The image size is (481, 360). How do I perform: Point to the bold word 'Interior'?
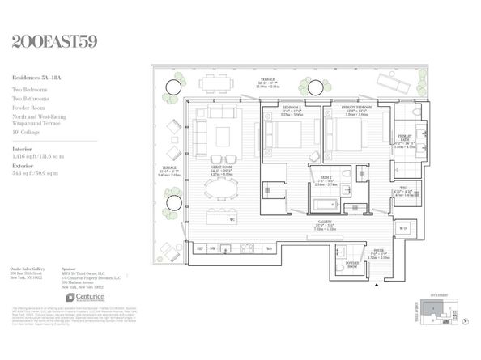point(23,150)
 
